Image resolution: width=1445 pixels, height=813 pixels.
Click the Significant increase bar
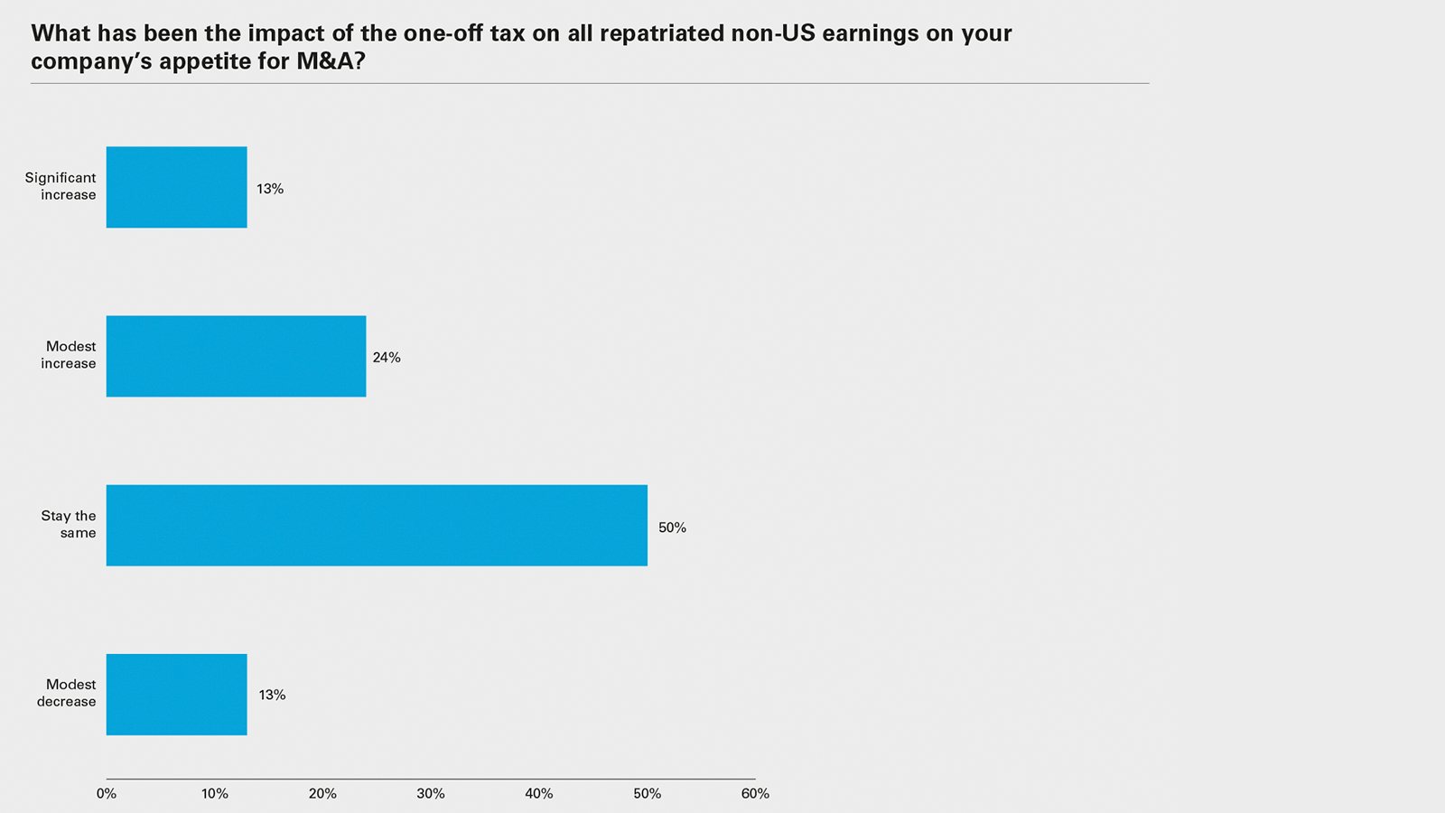click(x=176, y=187)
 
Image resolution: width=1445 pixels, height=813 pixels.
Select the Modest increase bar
click(x=236, y=356)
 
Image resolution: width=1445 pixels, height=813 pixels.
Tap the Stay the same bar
click(x=377, y=526)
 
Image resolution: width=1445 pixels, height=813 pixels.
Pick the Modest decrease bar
click(x=176, y=695)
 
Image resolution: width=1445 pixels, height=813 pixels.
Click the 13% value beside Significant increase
click(x=270, y=189)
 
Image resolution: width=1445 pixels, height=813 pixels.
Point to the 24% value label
click(x=387, y=358)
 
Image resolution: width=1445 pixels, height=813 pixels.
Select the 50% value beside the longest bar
click(x=672, y=528)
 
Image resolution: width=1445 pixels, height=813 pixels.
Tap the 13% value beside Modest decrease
click(x=272, y=695)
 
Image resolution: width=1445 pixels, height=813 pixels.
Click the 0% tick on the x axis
click(x=107, y=794)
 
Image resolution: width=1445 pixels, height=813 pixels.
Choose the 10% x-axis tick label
click(x=214, y=794)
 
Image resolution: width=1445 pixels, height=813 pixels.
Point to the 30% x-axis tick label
click(x=431, y=794)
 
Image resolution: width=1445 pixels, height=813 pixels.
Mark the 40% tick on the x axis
click(x=539, y=794)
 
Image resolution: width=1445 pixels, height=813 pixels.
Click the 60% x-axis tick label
click(x=755, y=794)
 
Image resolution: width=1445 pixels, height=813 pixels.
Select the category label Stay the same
click(x=69, y=524)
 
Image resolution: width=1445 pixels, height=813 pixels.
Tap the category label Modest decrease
click(x=67, y=693)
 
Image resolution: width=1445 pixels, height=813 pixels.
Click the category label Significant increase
click(x=61, y=186)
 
